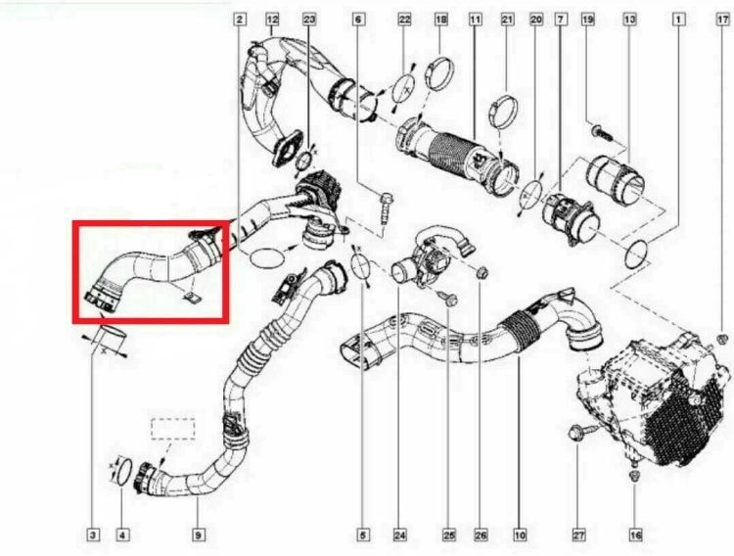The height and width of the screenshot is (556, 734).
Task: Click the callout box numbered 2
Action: coord(240,20)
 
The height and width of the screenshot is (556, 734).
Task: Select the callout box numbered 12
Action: coord(272,20)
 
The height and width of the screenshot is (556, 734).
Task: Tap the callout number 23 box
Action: coord(309,20)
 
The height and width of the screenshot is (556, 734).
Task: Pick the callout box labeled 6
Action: coord(358,20)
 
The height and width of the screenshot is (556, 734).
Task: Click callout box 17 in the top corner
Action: coord(723,20)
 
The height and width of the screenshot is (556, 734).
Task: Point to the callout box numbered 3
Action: coord(93,534)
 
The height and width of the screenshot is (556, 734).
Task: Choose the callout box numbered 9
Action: coord(198,534)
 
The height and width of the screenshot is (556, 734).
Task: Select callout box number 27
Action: coord(578,534)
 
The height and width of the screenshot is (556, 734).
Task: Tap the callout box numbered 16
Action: coord(635,534)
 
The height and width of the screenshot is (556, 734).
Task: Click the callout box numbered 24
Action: coord(399,534)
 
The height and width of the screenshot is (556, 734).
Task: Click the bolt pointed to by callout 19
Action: coord(602,131)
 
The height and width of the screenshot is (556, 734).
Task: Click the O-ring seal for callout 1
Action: coord(636,254)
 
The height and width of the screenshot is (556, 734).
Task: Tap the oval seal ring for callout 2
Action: coord(267,258)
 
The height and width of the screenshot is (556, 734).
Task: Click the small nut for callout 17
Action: coord(722,338)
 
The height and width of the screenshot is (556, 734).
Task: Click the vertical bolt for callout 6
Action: coord(387,208)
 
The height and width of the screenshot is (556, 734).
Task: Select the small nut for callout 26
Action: coord(481,272)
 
